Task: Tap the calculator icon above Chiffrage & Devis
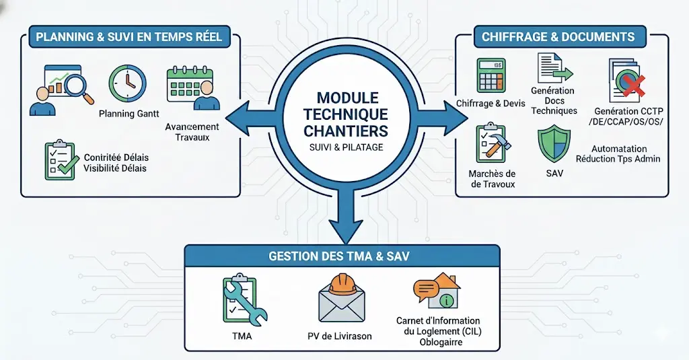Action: pyautogui.click(x=492, y=75)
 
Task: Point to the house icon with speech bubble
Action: pyautogui.click(x=437, y=289)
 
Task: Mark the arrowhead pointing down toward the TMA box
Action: pyautogui.click(x=344, y=231)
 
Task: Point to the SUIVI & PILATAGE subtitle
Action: pyautogui.click(x=344, y=147)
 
